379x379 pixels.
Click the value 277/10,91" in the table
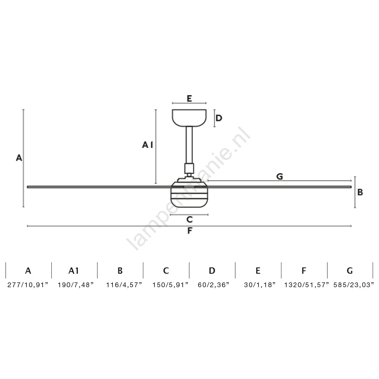coord(28,285)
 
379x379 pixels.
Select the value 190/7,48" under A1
coord(75,285)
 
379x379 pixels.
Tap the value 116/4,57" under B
coord(124,285)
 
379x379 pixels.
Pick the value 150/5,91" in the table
coord(170,285)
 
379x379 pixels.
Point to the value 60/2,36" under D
coord(213,285)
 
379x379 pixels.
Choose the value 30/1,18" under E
coord(259,285)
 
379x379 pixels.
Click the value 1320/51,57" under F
coord(307,285)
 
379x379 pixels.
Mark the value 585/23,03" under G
coord(354,285)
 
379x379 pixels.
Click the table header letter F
coord(304,271)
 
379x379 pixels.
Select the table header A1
coord(73,271)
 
